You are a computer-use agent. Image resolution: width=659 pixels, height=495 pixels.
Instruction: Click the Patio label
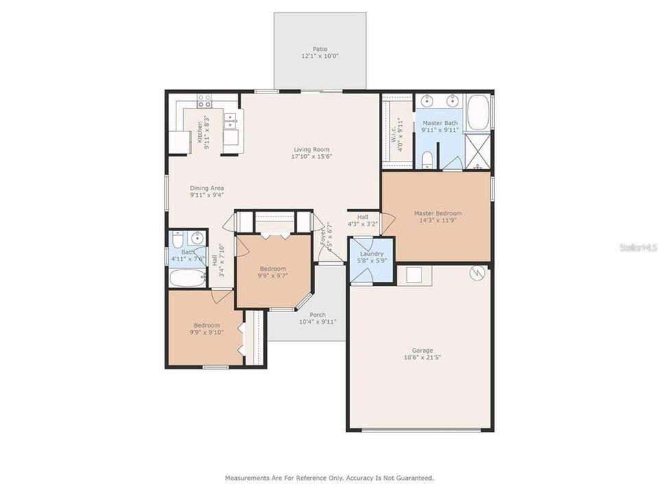point(320,49)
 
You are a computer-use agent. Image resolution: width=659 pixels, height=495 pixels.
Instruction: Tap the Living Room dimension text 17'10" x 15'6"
point(312,157)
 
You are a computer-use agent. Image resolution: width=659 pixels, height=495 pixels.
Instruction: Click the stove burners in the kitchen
point(205,101)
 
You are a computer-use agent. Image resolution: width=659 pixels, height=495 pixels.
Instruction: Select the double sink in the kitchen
point(231,120)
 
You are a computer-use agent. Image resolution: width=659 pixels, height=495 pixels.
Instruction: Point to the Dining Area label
point(207,188)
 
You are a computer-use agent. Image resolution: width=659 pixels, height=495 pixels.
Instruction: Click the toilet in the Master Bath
point(427,160)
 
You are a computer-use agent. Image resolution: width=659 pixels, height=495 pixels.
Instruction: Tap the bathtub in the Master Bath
point(476,113)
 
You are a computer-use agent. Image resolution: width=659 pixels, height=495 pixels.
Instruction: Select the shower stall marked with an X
point(477,152)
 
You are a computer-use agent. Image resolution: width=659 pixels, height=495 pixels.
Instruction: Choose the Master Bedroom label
point(437,213)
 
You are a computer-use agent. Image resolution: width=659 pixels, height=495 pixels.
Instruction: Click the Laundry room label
point(371,254)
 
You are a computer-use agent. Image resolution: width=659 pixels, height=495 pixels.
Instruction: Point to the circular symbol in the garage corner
point(477,274)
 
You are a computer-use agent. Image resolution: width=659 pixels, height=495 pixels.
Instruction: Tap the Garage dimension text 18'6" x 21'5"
point(418,357)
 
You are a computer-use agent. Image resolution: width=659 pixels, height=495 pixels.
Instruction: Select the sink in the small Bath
point(198,239)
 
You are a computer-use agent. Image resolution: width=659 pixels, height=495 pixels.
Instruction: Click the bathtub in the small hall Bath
point(187,278)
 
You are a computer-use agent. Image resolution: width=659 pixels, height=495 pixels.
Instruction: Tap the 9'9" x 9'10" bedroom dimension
point(206,333)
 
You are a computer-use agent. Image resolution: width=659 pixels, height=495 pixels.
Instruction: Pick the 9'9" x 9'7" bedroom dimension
point(273,276)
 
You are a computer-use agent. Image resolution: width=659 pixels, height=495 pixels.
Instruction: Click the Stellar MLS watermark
point(638,246)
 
